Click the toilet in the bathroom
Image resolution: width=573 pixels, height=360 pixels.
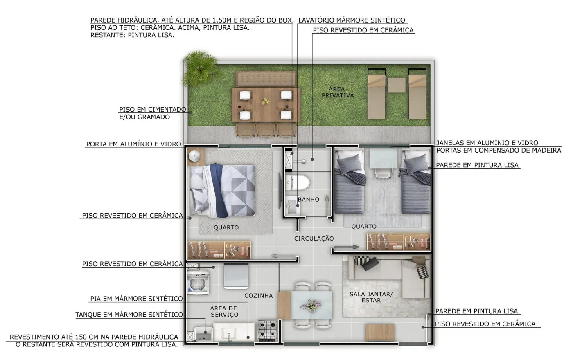click(298, 182)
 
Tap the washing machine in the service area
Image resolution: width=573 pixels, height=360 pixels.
click(198, 283)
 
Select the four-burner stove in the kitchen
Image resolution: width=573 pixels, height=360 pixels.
click(267, 331)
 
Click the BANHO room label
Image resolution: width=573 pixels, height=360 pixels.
click(309, 200)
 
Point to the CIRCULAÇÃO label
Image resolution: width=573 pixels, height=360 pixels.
click(314, 239)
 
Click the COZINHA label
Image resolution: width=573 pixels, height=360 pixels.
click(259, 295)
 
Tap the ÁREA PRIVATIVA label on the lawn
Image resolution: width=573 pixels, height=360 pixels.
click(338, 92)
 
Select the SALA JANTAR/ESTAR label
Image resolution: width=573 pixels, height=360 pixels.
click(371, 297)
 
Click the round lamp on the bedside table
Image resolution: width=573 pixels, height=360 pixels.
click(196, 155)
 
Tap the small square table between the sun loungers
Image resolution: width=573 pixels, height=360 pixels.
click(397, 85)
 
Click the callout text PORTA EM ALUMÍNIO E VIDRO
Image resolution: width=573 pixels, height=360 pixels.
click(133, 144)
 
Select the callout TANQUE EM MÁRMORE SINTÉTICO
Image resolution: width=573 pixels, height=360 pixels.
click(129, 315)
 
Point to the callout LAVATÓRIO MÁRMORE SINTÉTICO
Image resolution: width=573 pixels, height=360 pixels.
click(352, 20)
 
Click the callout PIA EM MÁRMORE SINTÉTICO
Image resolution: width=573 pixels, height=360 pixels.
click(136, 299)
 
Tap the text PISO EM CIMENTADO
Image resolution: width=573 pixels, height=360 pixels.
click(153, 110)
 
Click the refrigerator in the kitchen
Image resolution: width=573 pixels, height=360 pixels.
click(236, 277)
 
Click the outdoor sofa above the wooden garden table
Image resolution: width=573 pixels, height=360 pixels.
click(266, 79)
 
